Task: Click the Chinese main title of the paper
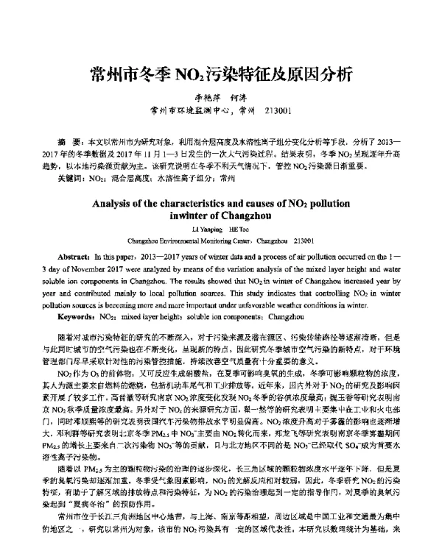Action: click(x=221, y=74)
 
